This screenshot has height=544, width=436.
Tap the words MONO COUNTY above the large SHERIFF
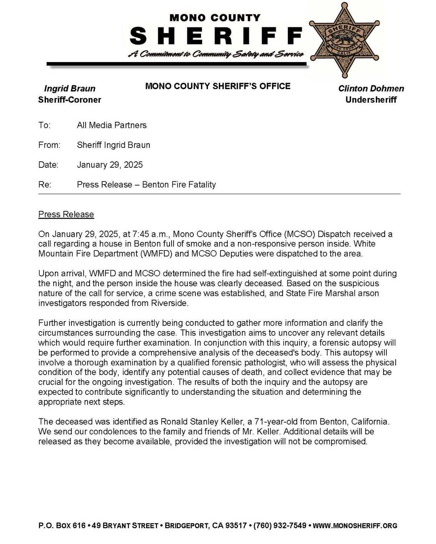[215, 18]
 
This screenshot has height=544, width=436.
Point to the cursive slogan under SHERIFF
[216, 54]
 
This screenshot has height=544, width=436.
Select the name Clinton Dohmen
[371, 88]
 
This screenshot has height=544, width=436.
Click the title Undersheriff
[371, 100]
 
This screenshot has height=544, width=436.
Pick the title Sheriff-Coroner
[69, 100]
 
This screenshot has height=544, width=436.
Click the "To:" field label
[44, 125]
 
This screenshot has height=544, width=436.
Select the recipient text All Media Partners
[111, 125]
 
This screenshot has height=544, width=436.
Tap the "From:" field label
[49, 145]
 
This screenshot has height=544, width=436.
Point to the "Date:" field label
[48, 165]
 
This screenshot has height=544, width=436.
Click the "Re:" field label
[44, 184]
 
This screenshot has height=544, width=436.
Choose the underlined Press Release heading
[66, 214]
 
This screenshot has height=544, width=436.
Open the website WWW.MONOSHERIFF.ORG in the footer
[355, 525]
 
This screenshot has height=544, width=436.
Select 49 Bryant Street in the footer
[125, 525]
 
